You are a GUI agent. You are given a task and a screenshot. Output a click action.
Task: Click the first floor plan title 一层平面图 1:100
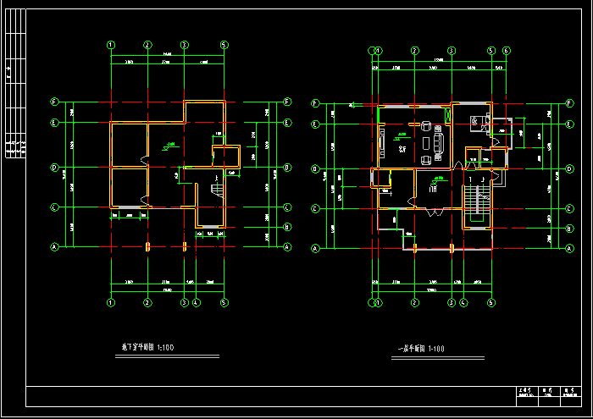[x=421, y=349]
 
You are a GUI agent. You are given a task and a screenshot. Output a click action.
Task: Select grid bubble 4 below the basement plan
[x=197, y=302]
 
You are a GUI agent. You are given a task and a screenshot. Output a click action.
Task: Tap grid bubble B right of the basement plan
[x=288, y=227]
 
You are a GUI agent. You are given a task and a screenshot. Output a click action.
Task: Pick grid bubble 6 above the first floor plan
[x=506, y=50]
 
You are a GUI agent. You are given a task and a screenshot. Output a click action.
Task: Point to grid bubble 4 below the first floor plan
[x=463, y=302]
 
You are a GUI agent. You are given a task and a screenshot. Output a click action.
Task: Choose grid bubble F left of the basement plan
[x=54, y=102]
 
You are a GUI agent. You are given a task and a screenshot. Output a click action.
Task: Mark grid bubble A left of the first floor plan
[x=315, y=248]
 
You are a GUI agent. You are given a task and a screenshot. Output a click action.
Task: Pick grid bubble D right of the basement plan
[x=288, y=168]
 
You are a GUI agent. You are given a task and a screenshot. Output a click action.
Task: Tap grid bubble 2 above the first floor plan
[x=415, y=50]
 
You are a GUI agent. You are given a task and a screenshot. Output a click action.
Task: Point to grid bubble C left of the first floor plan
[x=315, y=208]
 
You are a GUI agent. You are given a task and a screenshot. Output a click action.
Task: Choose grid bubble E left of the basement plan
[x=54, y=123]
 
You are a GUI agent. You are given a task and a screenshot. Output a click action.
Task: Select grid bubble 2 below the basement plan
[x=147, y=302]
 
